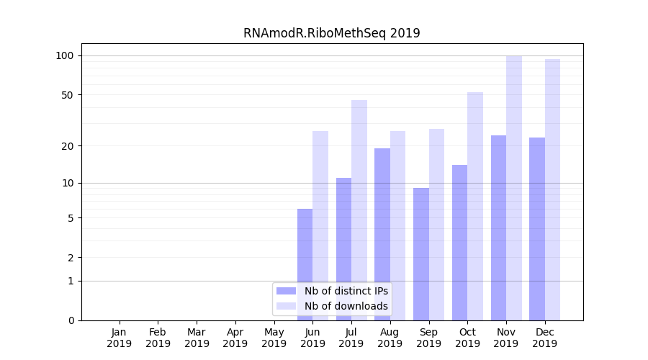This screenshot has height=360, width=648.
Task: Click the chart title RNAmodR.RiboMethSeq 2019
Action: coord(331,33)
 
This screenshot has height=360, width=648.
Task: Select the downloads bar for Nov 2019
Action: coord(514,187)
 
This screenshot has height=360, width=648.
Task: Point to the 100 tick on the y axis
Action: coord(65,55)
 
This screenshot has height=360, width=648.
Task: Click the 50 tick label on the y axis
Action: coord(68,95)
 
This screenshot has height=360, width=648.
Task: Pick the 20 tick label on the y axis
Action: coord(68,145)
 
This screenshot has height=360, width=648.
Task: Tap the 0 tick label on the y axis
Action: coord(71,320)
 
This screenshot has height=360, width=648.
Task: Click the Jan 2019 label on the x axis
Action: coord(120,338)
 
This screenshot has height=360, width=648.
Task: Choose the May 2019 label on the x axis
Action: coord(274,338)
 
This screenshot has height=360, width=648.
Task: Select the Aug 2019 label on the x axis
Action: coord(390,338)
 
